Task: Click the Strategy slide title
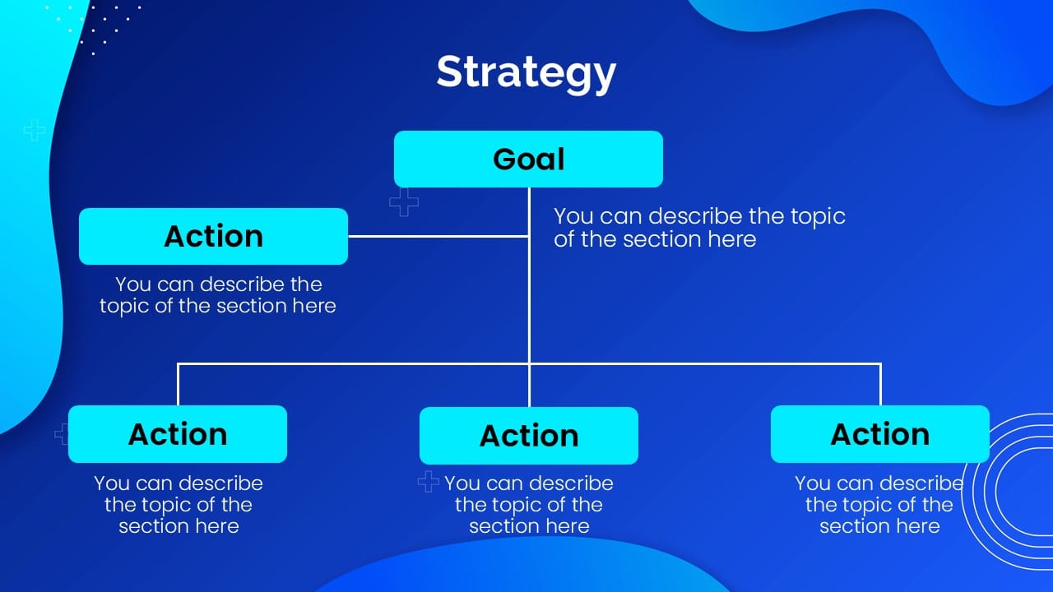coord(526,72)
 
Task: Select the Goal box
coord(528,159)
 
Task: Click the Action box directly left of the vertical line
coord(213,236)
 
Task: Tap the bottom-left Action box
coord(178,433)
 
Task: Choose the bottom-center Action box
coord(529,435)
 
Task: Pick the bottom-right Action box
coord(879,433)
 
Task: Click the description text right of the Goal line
coord(698,228)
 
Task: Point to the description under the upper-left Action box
coord(218,295)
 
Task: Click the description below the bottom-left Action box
coord(179,505)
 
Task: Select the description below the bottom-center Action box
coord(529,505)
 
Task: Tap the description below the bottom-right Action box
coord(879,505)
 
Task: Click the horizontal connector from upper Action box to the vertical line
coord(438,236)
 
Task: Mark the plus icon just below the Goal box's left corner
coord(403,201)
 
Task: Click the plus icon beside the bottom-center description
coord(428,482)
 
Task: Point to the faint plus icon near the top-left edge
coord(34,129)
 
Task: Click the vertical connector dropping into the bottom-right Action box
coord(880,384)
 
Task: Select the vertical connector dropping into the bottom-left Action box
coord(178,384)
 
